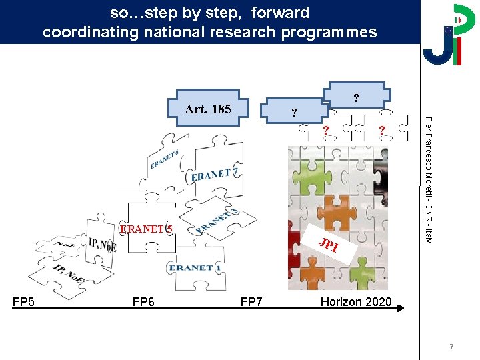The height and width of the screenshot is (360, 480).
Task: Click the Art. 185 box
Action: pyautogui.click(x=208, y=109)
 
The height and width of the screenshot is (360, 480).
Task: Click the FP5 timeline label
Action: pyautogui.click(x=24, y=302)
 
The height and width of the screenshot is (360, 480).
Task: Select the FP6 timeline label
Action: pyautogui.click(x=143, y=302)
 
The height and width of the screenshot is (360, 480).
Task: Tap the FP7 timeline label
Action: pyautogui.click(x=251, y=302)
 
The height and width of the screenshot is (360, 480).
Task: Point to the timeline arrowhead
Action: pyautogui.click(x=401, y=308)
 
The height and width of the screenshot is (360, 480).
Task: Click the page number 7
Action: pyautogui.click(x=451, y=347)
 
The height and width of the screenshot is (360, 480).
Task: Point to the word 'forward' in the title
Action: pyautogui.click(x=281, y=13)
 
